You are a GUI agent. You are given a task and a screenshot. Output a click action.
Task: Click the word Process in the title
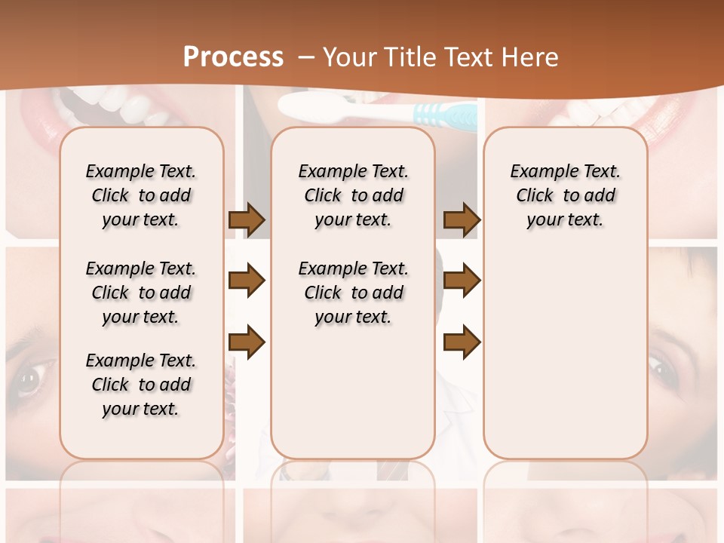pyautogui.click(x=233, y=57)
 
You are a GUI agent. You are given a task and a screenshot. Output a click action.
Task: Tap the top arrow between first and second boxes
pyautogui.click(x=247, y=219)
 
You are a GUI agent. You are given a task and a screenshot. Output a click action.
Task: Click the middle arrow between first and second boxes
pyautogui.click(x=247, y=281)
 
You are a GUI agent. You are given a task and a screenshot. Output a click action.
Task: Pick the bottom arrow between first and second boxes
pyautogui.click(x=247, y=343)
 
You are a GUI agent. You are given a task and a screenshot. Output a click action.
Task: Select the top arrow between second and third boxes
pyautogui.click(x=462, y=219)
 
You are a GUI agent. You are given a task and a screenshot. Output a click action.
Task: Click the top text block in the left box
pyautogui.click(x=141, y=195)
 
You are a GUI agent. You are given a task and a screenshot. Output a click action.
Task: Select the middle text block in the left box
pyautogui.click(x=141, y=293)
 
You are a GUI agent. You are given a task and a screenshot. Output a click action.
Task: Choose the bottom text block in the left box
pyautogui.click(x=141, y=385)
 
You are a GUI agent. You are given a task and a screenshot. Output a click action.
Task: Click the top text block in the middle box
pyautogui.click(x=353, y=195)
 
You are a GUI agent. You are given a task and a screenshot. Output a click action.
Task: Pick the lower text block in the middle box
pyautogui.click(x=353, y=293)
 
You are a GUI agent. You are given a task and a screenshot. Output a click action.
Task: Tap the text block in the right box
pyautogui.click(x=565, y=195)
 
